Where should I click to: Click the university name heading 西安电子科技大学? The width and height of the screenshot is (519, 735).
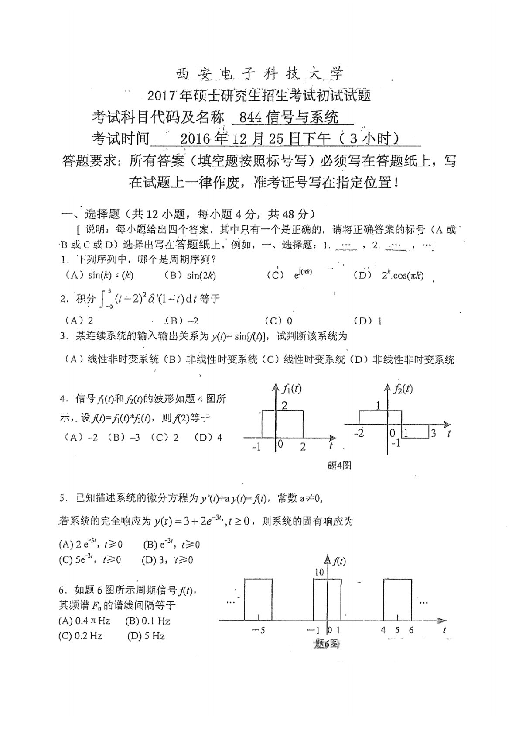point(259,74)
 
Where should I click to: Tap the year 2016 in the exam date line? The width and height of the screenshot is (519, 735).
point(195,139)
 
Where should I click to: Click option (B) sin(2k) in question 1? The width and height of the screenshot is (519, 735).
point(190,275)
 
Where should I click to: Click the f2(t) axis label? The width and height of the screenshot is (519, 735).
point(403,388)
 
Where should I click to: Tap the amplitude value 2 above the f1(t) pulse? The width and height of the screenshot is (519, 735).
point(284,405)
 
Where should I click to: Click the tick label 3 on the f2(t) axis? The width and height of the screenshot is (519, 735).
point(433,434)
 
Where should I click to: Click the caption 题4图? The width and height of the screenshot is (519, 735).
point(339,466)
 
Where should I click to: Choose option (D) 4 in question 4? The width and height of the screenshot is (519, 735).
point(208,437)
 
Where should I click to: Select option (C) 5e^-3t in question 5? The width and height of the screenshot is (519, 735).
point(89,560)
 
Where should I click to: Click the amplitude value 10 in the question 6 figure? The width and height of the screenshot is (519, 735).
point(319,572)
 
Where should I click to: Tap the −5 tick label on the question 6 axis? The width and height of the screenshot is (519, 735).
point(258,631)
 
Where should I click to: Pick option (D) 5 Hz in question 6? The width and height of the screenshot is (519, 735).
point(146,636)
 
